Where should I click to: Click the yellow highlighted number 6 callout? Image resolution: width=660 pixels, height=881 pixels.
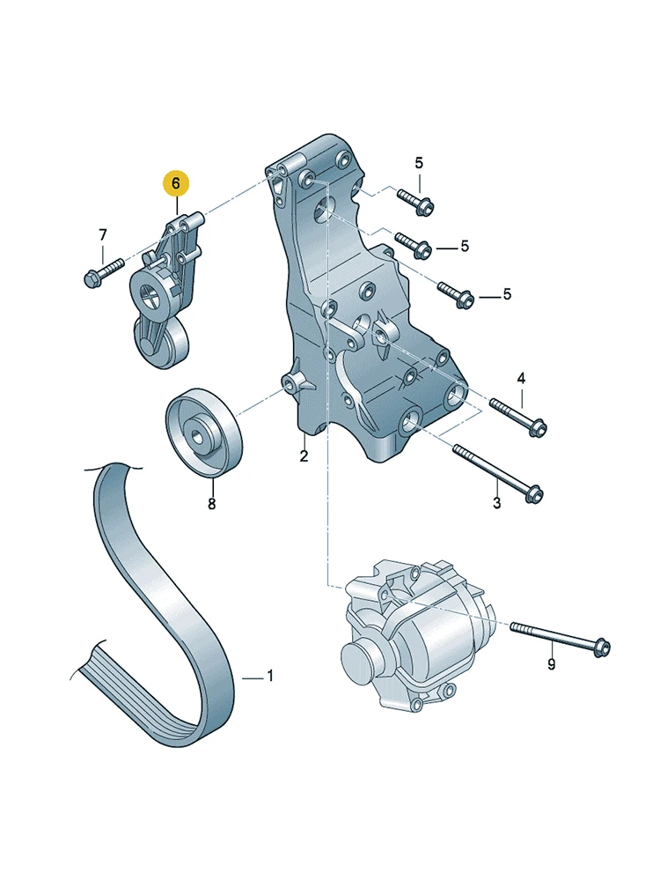point(176,183)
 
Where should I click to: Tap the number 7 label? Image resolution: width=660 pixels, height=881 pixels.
point(103,235)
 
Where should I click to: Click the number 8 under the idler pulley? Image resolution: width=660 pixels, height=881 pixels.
point(211,504)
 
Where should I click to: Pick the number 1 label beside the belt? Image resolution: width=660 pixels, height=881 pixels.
point(270,676)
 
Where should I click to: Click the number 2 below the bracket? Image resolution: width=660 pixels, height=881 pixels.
point(304,456)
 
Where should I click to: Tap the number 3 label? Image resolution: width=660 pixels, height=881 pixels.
point(496,502)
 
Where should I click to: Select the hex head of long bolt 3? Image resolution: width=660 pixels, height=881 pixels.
point(535,493)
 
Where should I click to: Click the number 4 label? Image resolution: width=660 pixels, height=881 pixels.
point(521,378)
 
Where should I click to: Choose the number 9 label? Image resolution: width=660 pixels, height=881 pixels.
point(552,664)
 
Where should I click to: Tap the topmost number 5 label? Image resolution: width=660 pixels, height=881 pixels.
point(419,163)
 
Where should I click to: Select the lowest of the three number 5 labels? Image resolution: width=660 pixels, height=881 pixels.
point(508,294)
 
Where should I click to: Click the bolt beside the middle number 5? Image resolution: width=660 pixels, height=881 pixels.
point(413,245)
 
